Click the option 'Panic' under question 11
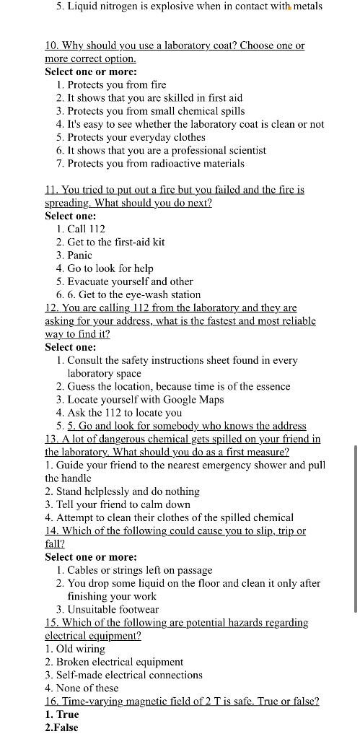click(x=79, y=255)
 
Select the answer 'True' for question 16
click(x=67, y=714)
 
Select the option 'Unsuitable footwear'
click(x=113, y=609)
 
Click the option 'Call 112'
click(x=86, y=229)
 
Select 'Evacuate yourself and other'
click(x=130, y=281)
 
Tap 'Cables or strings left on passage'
click(x=139, y=570)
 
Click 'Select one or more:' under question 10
click(x=91, y=71)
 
